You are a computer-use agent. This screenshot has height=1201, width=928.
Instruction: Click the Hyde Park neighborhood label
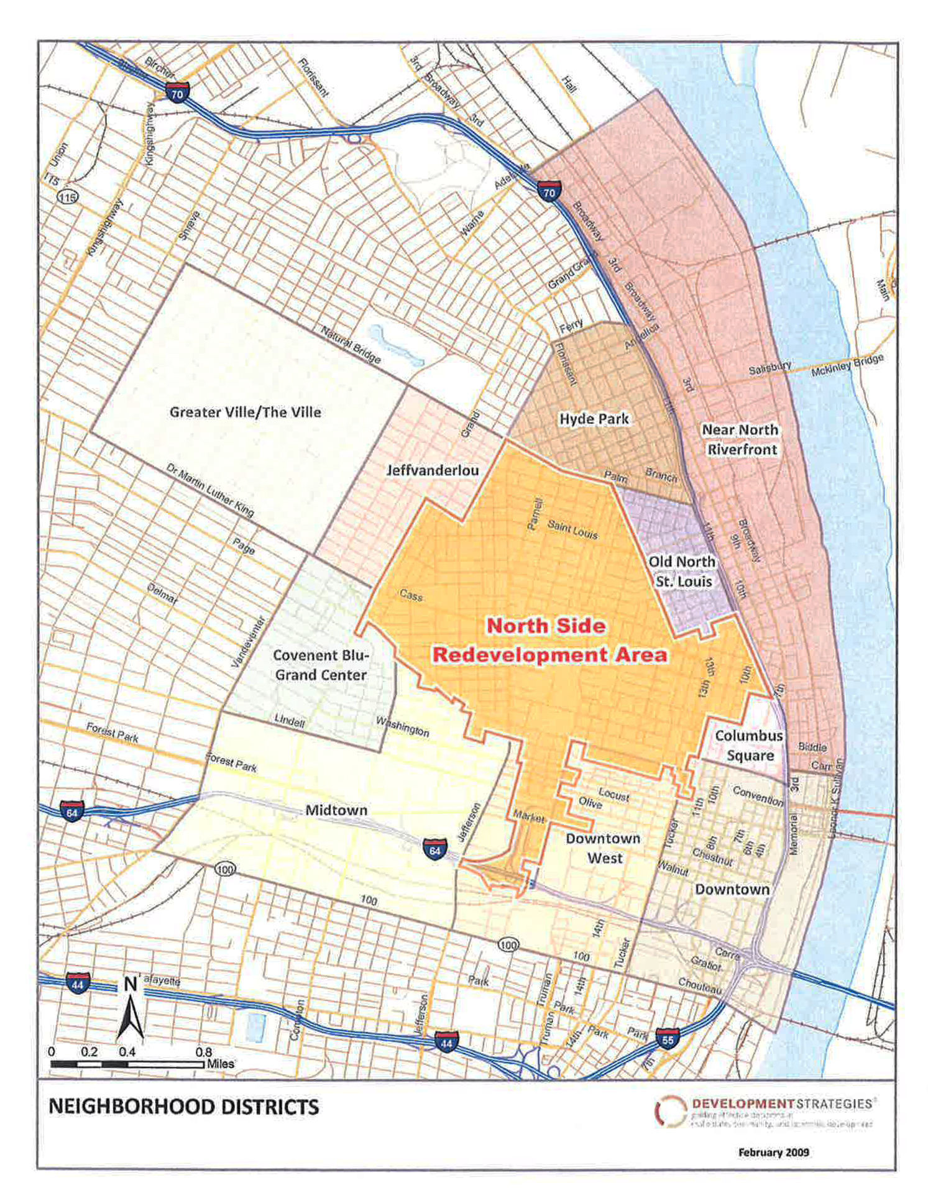tap(594, 419)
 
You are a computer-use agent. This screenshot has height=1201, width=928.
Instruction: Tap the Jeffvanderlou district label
tap(433, 470)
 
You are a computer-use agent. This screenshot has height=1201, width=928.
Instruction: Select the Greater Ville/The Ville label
tap(245, 413)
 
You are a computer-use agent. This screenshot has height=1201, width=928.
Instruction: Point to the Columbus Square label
tap(749, 746)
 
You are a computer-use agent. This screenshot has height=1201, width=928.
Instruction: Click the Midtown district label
tap(336, 810)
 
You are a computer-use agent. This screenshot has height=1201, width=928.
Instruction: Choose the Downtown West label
tap(603, 848)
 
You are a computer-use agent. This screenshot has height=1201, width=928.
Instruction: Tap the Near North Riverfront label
tap(740, 439)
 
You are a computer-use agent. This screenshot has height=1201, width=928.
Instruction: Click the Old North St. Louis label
tap(682, 572)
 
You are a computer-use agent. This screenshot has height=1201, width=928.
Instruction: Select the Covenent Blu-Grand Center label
tap(321, 665)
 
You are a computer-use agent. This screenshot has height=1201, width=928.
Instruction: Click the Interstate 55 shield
tap(668, 1039)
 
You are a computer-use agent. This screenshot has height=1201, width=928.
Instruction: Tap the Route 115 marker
tap(67, 198)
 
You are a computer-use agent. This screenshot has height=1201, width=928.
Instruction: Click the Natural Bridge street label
tap(351, 344)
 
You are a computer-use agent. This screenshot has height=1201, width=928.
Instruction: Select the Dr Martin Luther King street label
tap(210, 491)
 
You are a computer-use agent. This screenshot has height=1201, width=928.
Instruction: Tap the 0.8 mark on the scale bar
tap(203, 1053)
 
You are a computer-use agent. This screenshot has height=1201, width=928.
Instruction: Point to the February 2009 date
tap(773, 1153)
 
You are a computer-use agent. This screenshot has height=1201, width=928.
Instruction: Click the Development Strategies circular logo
tap(669, 1112)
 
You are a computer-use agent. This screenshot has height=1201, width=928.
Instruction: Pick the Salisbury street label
tap(770, 368)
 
